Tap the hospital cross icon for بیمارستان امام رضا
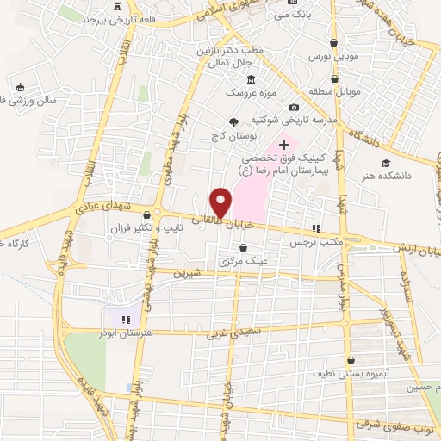[x=283, y=145]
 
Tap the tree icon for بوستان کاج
[x=233, y=122]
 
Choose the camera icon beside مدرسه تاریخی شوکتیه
[x=295, y=108]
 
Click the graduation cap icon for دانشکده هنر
[x=387, y=162]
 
